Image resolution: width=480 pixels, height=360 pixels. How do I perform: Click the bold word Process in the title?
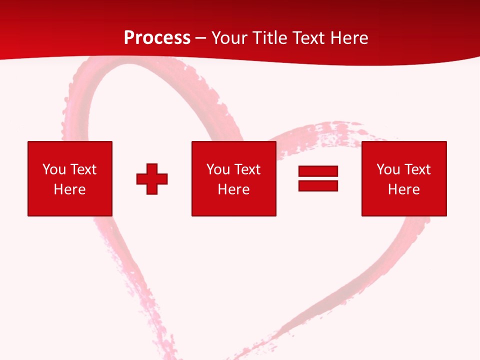pos(157,38)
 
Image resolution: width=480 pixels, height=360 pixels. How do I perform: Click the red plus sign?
pos(152,178)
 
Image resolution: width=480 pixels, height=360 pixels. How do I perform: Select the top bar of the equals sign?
pos(318,171)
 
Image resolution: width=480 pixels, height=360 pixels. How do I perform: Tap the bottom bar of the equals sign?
pos(318,185)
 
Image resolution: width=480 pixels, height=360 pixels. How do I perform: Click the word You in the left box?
pos(54,169)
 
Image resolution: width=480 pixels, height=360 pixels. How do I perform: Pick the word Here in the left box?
pos(69,189)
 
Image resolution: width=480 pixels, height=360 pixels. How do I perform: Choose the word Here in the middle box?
pos(233,189)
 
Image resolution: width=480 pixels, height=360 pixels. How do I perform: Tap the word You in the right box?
pos(388,169)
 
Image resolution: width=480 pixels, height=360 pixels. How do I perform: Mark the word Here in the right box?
pos(403,189)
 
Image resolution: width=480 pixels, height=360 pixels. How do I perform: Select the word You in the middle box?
pos(218,169)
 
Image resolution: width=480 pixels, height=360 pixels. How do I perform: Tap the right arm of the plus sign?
pos(162,178)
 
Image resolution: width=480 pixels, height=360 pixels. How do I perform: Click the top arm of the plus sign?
pos(152,168)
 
